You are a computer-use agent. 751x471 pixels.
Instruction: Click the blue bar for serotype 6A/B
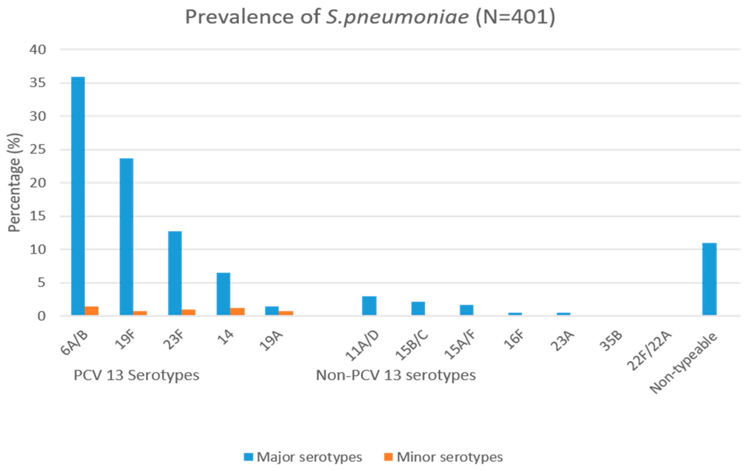(x=78, y=196)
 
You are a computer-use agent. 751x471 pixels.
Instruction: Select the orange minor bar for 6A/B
(x=92, y=311)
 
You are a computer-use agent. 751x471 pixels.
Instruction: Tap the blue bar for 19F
(x=126, y=237)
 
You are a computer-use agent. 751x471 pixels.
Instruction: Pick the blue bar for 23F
(x=175, y=273)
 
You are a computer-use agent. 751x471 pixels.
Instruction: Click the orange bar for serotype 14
(x=237, y=311)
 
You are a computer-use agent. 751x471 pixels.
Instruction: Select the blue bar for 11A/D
(x=369, y=306)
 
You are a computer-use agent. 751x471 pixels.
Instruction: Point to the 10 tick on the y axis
(x=38, y=250)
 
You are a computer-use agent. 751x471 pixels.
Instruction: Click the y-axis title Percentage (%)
(x=14, y=183)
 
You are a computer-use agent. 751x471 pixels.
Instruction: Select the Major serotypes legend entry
(x=303, y=457)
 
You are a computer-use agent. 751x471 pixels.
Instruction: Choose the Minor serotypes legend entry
(x=443, y=457)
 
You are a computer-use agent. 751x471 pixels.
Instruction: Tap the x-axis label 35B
(x=611, y=341)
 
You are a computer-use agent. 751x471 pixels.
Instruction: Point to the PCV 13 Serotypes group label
(x=136, y=375)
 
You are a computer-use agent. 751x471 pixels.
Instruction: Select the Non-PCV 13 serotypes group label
(x=396, y=375)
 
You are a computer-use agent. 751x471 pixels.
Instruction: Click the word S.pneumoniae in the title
(x=397, y=17)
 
